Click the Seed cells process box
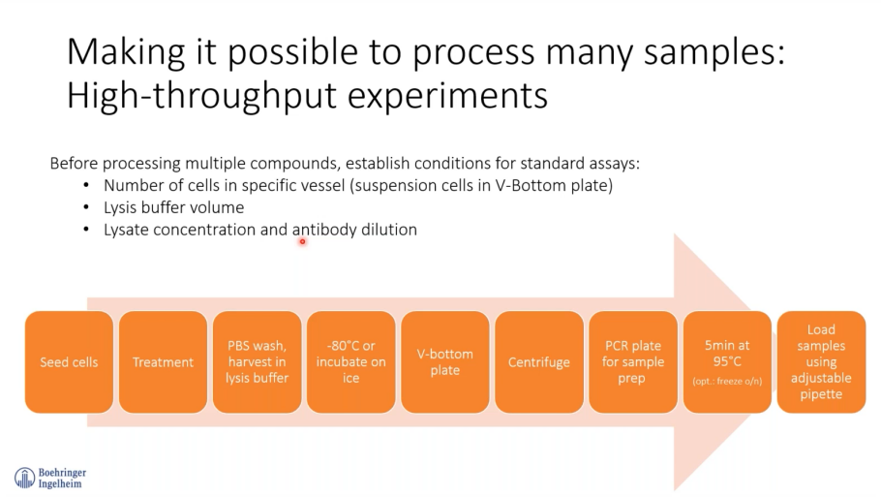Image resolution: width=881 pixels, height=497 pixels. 69,361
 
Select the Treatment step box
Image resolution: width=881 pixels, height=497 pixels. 163,361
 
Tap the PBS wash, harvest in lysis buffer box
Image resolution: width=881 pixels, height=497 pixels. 257,361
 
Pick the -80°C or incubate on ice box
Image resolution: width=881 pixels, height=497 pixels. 351,361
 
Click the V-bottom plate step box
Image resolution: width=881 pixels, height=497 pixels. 445,361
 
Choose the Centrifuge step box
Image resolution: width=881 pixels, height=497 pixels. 539,361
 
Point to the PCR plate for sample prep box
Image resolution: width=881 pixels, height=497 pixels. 633,361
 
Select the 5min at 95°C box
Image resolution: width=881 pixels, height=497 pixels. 727,361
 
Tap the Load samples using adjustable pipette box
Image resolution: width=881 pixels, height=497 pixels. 821,361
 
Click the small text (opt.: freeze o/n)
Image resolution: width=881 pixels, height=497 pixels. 727,381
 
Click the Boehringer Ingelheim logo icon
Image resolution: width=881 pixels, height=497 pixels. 25,478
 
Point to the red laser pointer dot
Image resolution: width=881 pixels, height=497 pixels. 302,242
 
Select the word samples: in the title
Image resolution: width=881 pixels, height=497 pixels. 714,52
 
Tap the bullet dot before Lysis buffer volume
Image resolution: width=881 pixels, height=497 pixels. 86,207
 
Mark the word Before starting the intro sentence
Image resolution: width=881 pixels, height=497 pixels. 75,164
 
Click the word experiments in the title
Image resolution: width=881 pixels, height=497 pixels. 447,97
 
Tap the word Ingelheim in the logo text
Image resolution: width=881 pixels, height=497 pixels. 60,483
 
